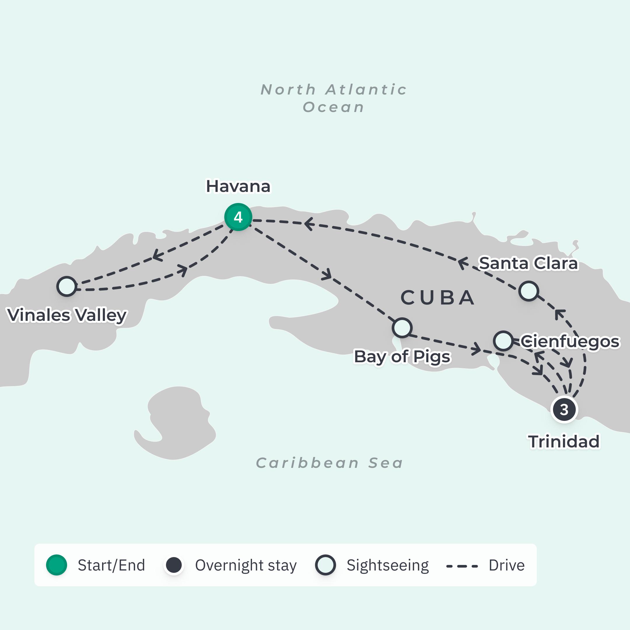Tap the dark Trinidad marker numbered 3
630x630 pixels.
tap(564, 409)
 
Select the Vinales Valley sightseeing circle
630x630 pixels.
tap(67, 286)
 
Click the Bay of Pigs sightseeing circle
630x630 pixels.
tap(402, 328)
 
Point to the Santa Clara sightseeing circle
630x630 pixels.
tap(528, 291)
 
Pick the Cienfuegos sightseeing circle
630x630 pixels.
tap(503, 341)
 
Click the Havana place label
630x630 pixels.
tap(238, 187)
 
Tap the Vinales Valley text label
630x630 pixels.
tap(67, 315)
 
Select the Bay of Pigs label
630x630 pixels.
tap(402, 356)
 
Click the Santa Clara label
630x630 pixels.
tap(528, 263)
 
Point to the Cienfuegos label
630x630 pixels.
tap(570, 342)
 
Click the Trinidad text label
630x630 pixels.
tap(564, 442)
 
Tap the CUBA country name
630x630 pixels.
tap(437, 298)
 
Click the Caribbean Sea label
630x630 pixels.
tap(329, 463)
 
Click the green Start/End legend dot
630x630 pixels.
tap(56, 565)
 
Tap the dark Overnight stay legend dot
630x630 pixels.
tap(174, 565)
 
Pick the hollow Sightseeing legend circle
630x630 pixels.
tap(325, 565)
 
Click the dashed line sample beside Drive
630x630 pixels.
tap(462, 566)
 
